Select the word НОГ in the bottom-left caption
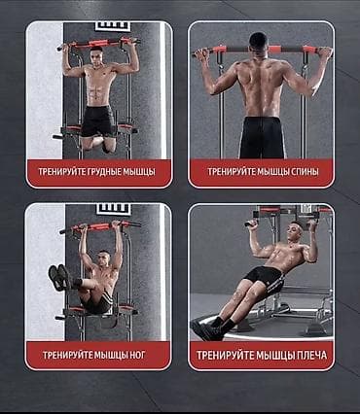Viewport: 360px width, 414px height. point(137,356)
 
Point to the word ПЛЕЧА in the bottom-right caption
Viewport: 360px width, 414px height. point(311,356)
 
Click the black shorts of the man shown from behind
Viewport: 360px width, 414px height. point(262,138)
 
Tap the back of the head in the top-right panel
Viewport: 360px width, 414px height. point(259,42)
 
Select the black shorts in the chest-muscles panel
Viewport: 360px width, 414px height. point(98,121)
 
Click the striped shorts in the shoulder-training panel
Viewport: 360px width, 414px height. point(266,278)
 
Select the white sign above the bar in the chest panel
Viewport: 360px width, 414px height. point(113,26)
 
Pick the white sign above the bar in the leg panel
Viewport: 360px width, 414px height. point(114,209)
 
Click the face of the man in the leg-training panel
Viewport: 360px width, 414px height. point(104,259)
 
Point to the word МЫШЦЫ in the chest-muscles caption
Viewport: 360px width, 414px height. point(139,172)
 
